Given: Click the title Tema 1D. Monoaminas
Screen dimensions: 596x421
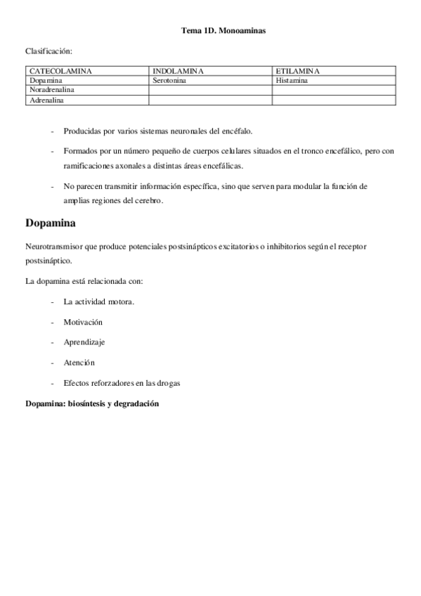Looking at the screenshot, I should [x=224, y=30].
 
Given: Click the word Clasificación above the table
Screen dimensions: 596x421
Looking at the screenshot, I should [x=48, y=51].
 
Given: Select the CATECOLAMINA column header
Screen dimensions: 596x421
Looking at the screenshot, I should [x=60, y=71].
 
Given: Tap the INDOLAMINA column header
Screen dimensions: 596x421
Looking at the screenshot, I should [x=178, y=71].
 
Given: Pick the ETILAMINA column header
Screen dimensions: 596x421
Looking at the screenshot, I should [x=298, y=71].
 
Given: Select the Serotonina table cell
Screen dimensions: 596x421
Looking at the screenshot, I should [x=171, y=81].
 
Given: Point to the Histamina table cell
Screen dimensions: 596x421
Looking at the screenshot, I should [x=292, y=81].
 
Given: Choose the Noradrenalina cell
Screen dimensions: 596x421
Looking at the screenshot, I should [x=52, y=91].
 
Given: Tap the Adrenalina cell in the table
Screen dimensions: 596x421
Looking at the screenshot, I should [x=46, y=101].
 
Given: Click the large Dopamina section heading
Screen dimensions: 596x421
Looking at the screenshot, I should [x=51, y=223].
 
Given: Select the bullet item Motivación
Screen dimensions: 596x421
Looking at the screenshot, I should [x=83, y=321].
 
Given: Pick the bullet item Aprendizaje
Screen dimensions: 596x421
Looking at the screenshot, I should [x=84, y=342].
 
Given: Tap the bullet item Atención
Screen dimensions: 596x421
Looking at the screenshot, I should [x=79, y=362].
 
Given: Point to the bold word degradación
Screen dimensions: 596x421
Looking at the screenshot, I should [x=134, y=404].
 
